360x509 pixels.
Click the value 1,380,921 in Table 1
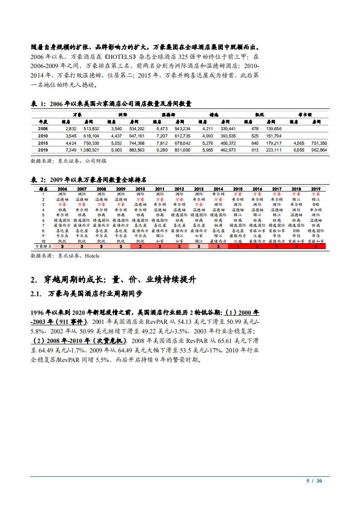[89, 149]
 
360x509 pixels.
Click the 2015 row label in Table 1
[43, 142]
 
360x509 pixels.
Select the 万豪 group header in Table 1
[77, 115]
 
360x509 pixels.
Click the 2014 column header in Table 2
[218, 188]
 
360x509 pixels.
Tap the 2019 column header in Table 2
[316, 188]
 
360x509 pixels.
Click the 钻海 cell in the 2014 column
[218, 225]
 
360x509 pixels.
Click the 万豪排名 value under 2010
[140, 246]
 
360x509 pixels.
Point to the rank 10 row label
[43, 241]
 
